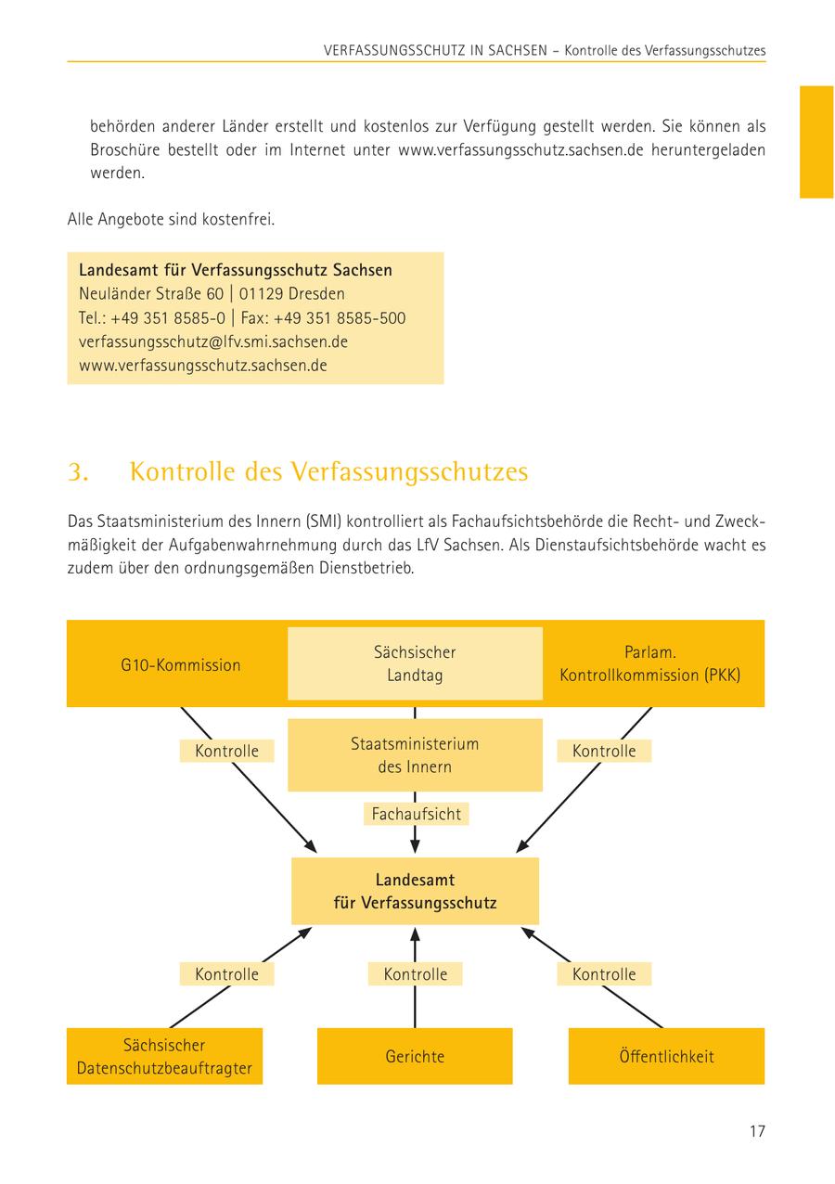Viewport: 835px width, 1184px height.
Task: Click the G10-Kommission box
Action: click(180, 664)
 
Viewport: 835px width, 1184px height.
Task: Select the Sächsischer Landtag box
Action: click(415, 663)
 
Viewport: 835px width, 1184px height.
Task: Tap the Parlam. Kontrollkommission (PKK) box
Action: click(649, 663)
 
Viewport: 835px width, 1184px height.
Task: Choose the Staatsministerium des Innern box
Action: click(415, 755)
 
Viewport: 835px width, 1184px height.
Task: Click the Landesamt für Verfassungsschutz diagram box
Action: click(415, 891)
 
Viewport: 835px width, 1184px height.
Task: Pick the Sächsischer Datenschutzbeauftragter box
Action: click(164, 1056)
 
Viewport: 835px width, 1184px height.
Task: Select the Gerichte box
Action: click(415, 1056)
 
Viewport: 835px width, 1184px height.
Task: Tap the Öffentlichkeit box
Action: click(666, 1056)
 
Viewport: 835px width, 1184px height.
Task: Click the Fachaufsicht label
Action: click(416, 814)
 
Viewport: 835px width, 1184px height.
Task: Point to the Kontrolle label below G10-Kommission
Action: click(226, 751)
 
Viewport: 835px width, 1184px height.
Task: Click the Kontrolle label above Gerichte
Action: click(416, 974)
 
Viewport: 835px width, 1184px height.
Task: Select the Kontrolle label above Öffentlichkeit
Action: click(604, 974)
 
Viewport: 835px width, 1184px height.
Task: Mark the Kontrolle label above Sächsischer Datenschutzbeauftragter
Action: click(226, 974)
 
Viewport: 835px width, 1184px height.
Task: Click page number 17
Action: click(757, 1131)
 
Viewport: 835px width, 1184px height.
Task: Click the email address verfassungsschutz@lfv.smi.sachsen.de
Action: click(213, 341)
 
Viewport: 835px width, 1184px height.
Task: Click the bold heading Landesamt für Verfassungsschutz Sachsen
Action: click(236, 270)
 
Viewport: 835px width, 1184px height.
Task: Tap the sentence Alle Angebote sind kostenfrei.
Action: click(171, 220)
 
